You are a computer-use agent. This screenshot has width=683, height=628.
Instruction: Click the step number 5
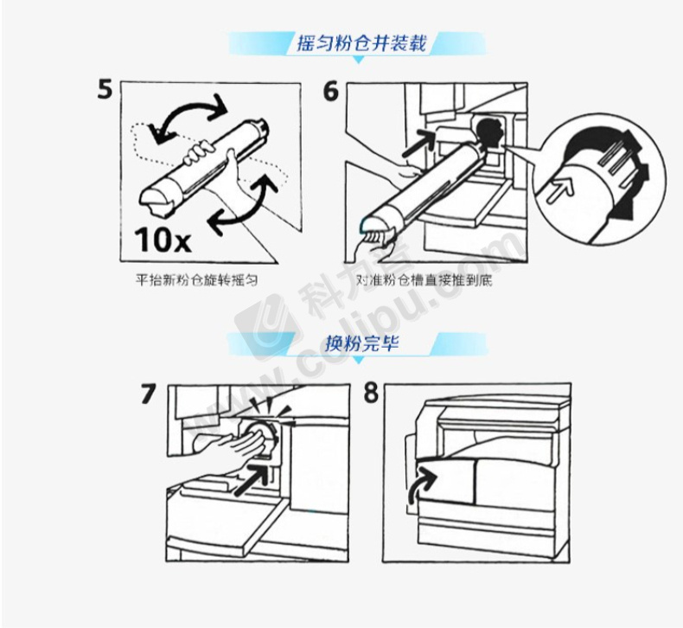[105, 90]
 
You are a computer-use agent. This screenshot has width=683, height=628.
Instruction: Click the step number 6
[330, 91]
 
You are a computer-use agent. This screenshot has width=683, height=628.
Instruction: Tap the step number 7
[148, 394]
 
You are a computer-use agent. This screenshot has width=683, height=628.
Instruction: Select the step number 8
[371, 393]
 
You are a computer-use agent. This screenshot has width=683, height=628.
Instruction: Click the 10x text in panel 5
[163, 240]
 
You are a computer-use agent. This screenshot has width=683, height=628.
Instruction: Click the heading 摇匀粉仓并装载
[361, 43]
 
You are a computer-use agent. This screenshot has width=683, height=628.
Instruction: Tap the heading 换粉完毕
[362, 343]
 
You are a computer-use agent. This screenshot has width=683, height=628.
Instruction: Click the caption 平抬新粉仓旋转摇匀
[196, 279]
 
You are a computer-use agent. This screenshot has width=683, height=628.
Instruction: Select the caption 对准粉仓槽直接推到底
[424, 279]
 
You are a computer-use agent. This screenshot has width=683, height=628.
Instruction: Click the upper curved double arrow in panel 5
[188, 106]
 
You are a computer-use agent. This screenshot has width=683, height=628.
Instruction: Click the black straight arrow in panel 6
[418, 143]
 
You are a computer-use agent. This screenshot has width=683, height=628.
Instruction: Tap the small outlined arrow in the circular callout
[559, 191]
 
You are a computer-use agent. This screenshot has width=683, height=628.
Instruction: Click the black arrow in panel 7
[252, 479]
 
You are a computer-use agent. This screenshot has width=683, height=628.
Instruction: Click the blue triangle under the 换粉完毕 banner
[358, 360]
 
